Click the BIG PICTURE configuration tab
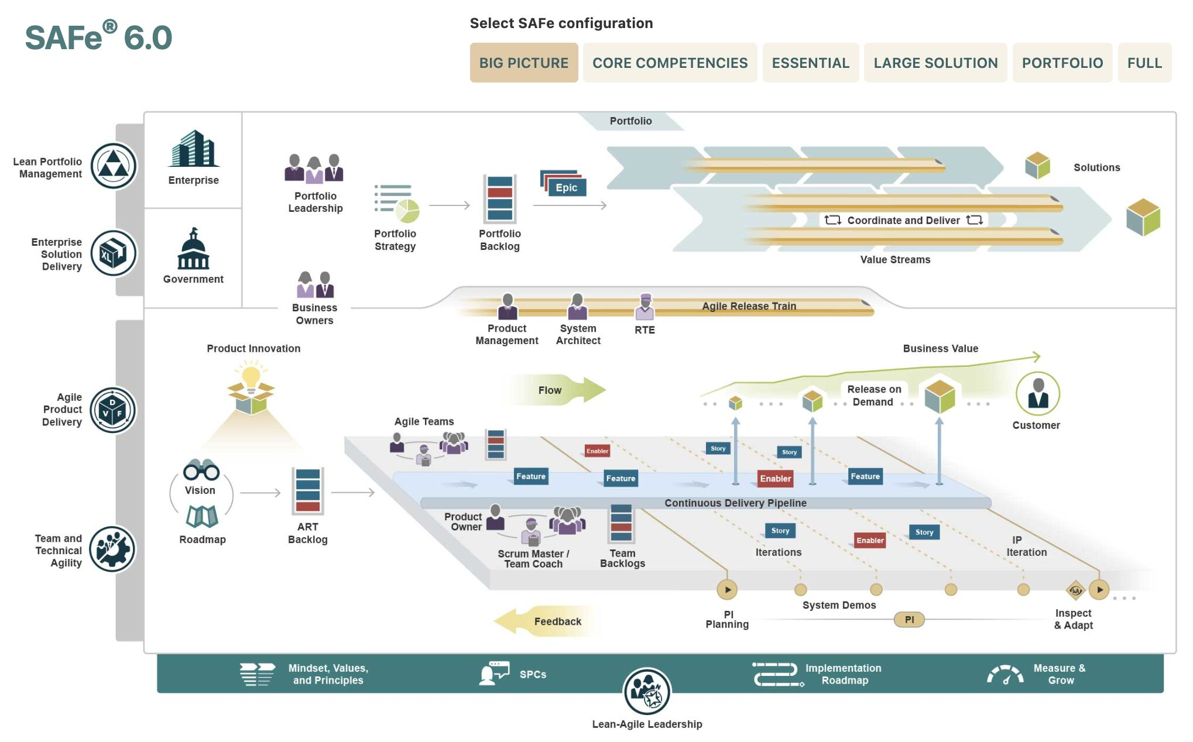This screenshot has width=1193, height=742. (523, 63)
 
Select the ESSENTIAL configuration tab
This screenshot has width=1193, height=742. (810, 63)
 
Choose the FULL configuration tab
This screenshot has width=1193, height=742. (1144, 63)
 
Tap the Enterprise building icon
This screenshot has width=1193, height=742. (194, 149)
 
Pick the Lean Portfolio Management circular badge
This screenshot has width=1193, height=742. (114, 166)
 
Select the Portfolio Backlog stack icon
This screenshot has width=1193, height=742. (499, 199)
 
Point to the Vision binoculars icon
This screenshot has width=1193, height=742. (201, 469)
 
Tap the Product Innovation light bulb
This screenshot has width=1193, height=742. (251, 377)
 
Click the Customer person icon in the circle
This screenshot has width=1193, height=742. (1037, 394)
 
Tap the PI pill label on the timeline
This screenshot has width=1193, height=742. (909, 619)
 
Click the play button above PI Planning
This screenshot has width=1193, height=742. (727, 589)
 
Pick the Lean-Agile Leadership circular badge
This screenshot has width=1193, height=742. (647, 691)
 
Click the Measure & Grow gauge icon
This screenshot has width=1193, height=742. (1005, 674)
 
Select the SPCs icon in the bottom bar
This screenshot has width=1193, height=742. (493, 673)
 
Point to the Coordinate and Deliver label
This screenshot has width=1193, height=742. (903, 220)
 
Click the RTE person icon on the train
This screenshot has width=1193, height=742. (645, 306)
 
